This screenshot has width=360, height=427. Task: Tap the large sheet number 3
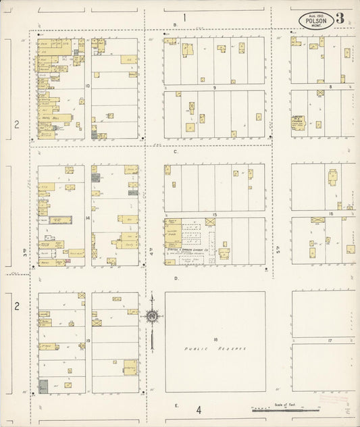(x=340, y=18)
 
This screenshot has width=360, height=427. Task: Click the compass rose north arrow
(x=152, y=314)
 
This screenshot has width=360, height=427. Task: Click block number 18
(x=215, y=338)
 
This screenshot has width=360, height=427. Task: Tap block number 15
(x=214, y=214)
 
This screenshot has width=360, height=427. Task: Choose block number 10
(x=88, y=86)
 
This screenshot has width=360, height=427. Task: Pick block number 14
(x=88, y=218)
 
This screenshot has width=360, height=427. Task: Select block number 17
(x=330, y=341)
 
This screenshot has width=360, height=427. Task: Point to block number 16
(x=330, y=214)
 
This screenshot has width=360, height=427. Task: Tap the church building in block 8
(x=298, y=123)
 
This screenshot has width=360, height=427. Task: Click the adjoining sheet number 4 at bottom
(x=199, y=409)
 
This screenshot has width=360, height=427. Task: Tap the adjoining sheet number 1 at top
(x=183, y=16)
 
